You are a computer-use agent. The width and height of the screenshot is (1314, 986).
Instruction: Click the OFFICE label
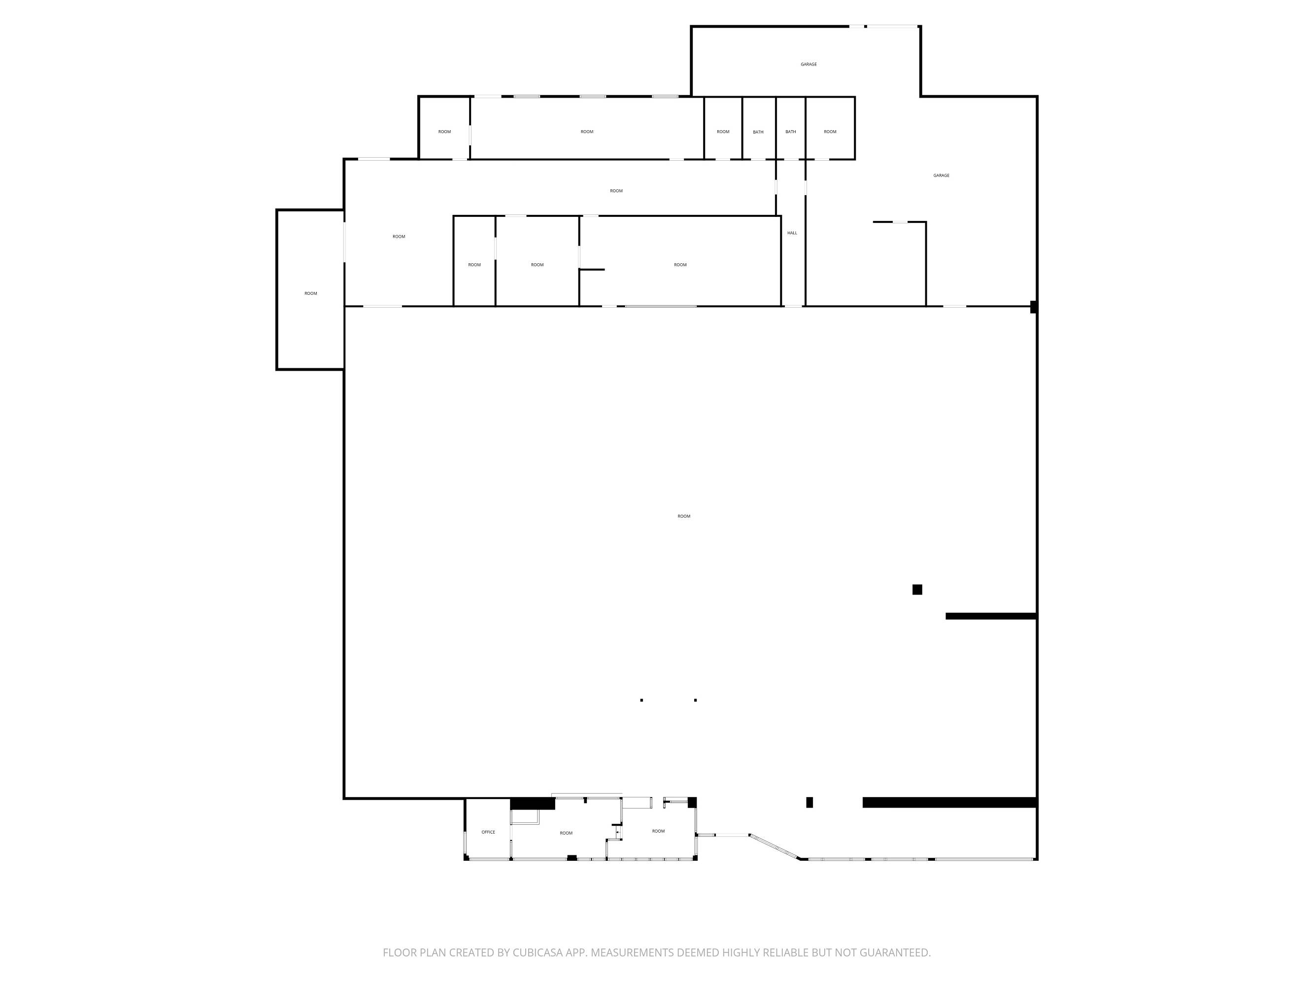(x=488, y=832)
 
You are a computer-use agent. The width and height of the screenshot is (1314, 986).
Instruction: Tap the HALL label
(x=792, y=233)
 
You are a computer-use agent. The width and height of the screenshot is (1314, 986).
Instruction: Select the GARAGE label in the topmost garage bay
(x=809, y=64)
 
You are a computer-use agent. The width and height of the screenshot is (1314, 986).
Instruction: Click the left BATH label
(x=758, y=132)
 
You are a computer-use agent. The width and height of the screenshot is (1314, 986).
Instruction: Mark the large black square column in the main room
(x=917, y=590)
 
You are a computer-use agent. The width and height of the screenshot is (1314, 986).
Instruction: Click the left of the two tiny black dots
(x=641, y=700)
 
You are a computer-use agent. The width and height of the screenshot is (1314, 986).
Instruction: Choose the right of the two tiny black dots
(x=696, y=700)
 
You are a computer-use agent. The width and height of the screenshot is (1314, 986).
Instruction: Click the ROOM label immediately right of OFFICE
(x=566, y=833)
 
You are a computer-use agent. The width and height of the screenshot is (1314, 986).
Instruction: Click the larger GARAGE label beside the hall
(x=941, y=176)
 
